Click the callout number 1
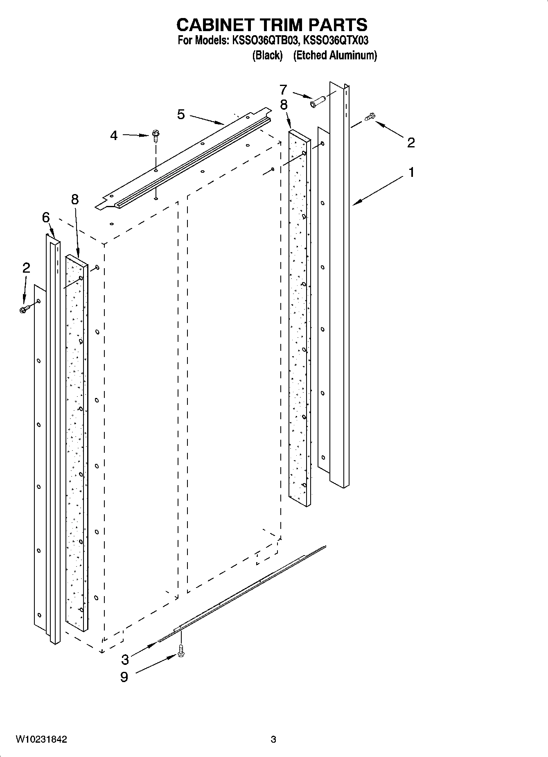coord(411,172)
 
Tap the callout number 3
coord(125,660)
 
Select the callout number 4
coord(114,136)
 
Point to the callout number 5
coord(181,115)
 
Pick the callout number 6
coord(46,217)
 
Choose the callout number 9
coord(124,677)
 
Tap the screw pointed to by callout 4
coord(156,135)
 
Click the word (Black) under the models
coord(267,55)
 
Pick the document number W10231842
coord(41,739)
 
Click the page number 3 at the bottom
coord(273,739)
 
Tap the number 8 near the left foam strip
coord(74,199)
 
